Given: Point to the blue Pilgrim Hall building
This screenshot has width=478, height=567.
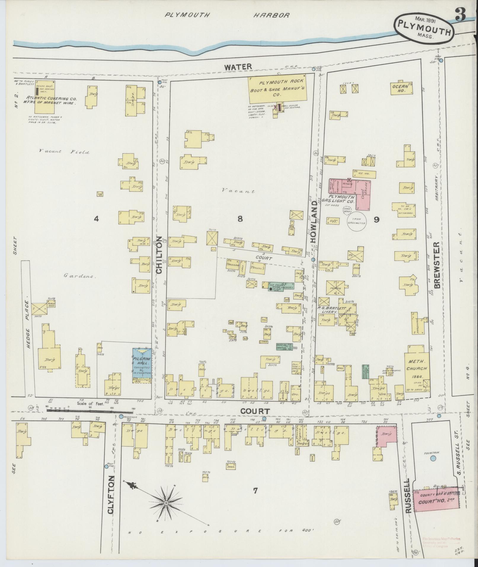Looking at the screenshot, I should tap(142, 363).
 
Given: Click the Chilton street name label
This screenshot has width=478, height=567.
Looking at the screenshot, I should tap(159, 255).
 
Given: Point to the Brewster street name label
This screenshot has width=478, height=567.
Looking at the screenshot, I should tap(437, 265).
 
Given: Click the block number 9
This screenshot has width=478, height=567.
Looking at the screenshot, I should tap(376, 220).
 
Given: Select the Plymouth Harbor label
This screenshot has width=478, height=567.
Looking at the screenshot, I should tap(227, 15).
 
